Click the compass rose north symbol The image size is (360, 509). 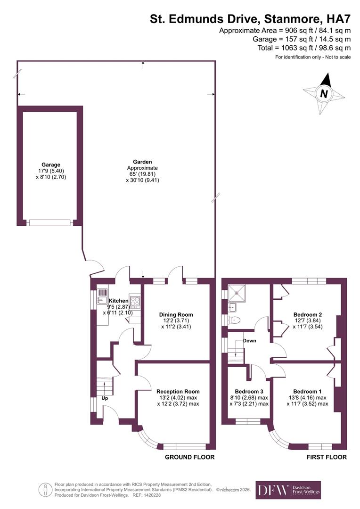[x=324, y=93]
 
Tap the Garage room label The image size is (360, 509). [x=50, y=165]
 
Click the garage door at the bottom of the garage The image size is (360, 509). [x=49, y=222]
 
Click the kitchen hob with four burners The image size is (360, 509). [x=135, y=301]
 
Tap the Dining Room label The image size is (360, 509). [x=176, y=315]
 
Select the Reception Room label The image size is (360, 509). [x=178, y=391]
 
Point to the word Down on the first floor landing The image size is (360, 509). [x=250, y=340]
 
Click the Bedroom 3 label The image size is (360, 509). [x=249, y=391]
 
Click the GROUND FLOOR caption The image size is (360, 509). [x=189, y=457]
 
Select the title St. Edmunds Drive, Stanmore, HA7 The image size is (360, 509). [x=250, y=19]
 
